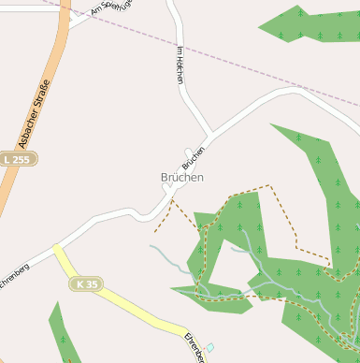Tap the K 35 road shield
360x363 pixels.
click(88, 283)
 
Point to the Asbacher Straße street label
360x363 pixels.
click(36, 114)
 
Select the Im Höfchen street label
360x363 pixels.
click(180, 65)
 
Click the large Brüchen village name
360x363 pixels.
click(181, 177)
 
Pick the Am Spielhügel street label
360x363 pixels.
click(109, 10)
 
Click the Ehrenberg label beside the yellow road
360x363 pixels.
click(194, 347)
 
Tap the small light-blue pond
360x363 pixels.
click(209, 347)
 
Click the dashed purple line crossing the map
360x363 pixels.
click(234, 60)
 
